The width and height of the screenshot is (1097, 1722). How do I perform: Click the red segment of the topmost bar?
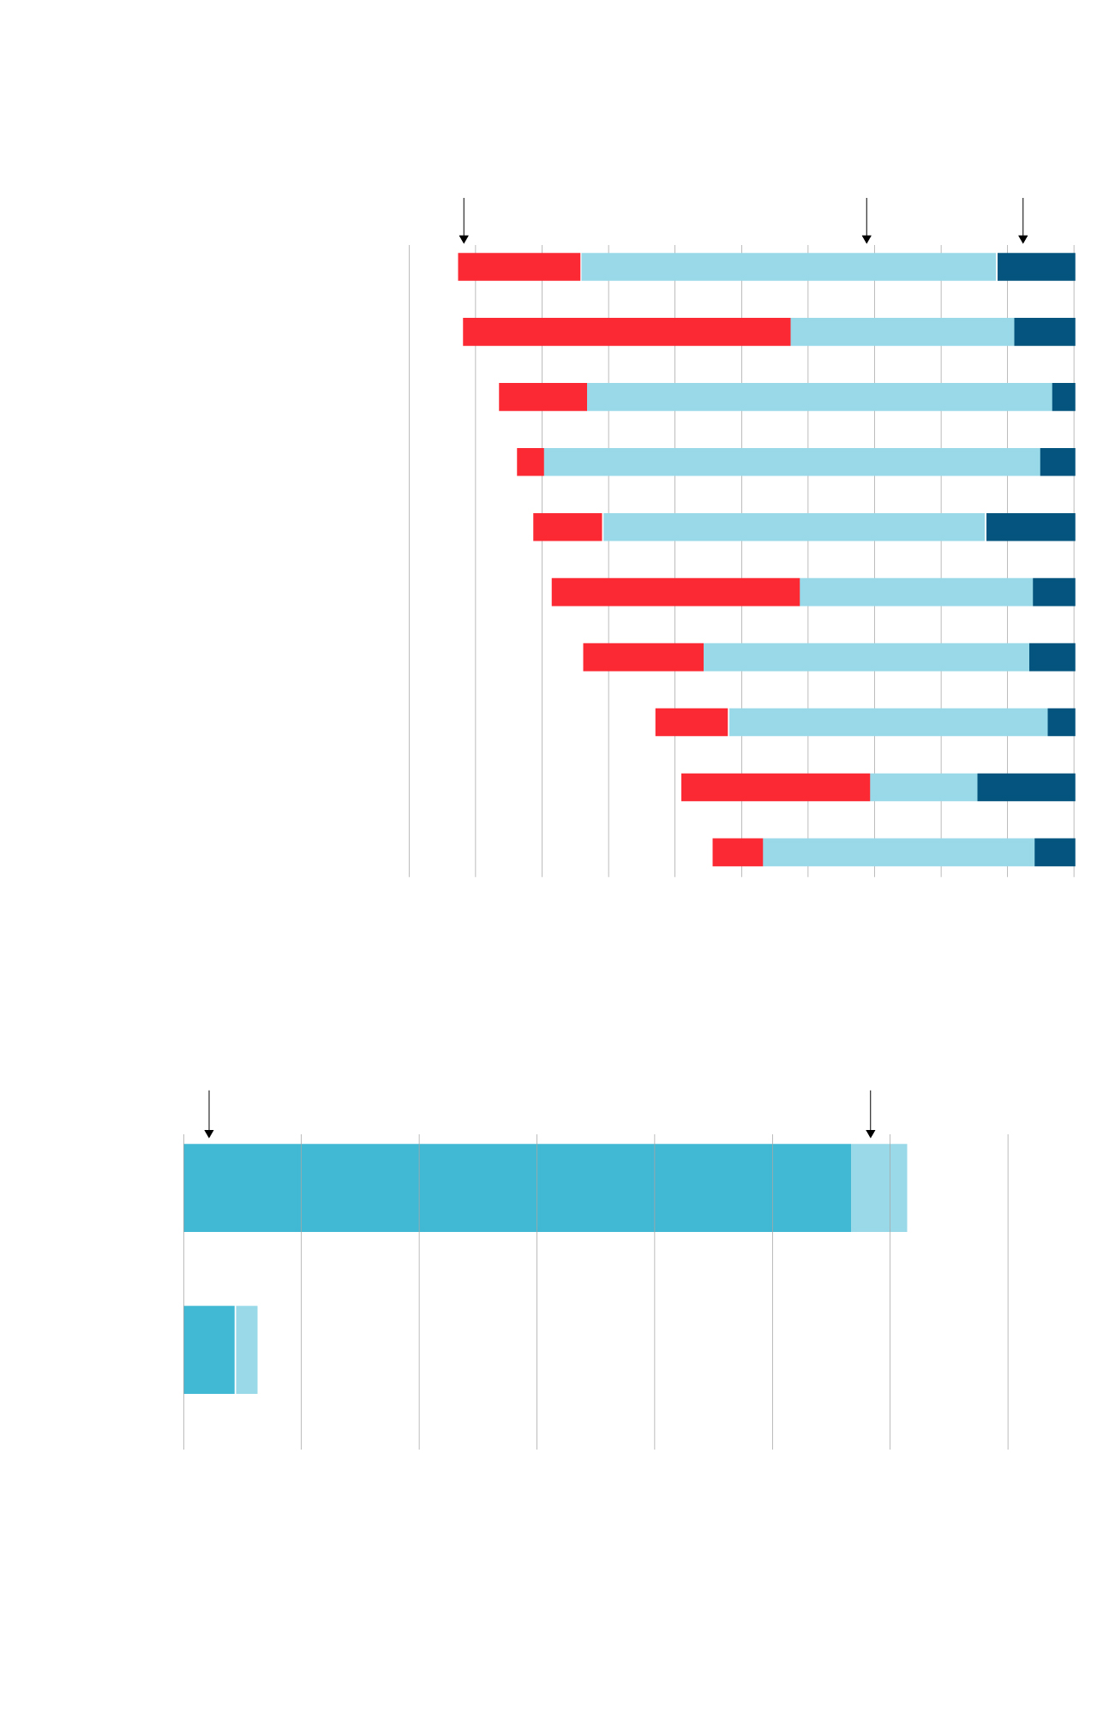519,267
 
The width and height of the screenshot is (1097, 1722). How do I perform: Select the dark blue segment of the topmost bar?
1035,267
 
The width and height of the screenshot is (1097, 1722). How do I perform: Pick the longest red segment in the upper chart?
626,332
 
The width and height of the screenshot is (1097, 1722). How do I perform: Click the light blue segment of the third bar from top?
819,398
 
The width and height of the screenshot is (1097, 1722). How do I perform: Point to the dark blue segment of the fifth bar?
1030,528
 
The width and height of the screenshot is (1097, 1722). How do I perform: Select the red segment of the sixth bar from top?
675,593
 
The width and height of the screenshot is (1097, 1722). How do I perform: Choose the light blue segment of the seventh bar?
866,658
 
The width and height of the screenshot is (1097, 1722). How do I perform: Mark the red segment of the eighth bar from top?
692,723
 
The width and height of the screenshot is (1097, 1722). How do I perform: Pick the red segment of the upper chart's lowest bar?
737,853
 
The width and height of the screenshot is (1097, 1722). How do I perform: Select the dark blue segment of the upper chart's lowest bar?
1054,853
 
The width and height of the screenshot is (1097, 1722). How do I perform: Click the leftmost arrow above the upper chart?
464,223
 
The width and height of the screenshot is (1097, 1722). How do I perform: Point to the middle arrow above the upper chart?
866,223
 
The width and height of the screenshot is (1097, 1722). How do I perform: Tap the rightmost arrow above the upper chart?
1022,223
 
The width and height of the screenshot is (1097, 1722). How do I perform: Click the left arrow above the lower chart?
209,1115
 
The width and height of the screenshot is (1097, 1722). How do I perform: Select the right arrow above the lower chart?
871,1115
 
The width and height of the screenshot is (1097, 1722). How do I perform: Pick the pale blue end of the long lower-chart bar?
878,1188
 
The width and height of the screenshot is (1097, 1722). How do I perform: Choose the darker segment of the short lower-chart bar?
209,1350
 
